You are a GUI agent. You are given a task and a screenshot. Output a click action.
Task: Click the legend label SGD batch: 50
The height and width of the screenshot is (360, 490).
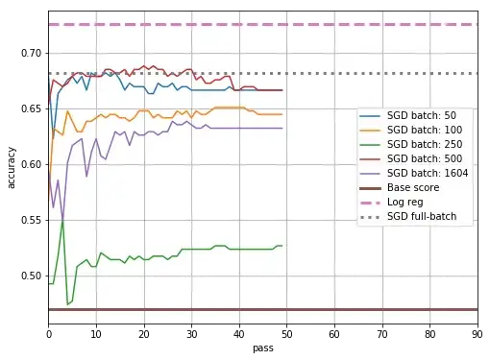[423, 115]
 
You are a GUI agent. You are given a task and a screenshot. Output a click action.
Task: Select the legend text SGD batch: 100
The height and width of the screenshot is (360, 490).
[425, 130]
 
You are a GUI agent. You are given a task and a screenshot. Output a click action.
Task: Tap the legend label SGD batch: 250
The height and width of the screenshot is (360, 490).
[425, 144]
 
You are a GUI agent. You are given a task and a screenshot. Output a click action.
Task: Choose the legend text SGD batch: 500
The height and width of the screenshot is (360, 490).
[425, 158]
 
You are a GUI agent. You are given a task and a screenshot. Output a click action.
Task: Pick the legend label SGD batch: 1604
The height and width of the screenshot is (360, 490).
[428, 173]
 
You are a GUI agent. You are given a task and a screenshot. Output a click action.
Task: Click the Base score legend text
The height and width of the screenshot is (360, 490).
[413, 187]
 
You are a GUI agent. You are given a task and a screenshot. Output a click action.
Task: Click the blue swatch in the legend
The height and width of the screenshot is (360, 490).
[370, 115]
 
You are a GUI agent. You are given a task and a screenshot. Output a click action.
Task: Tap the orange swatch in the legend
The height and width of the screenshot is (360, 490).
[370, 130]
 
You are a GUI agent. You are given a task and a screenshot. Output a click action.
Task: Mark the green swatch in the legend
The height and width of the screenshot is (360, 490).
[370, 144]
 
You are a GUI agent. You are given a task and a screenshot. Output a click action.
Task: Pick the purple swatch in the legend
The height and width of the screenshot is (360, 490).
[370, 173]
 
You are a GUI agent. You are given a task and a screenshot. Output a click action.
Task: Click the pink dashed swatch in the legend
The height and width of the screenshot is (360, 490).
[370, 202]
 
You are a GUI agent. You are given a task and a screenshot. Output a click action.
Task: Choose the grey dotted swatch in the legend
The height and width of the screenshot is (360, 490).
[370, 216]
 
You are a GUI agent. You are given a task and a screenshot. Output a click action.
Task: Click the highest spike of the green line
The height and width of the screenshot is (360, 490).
[62, 221]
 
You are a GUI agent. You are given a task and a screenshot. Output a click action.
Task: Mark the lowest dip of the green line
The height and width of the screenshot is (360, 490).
[67, 304]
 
